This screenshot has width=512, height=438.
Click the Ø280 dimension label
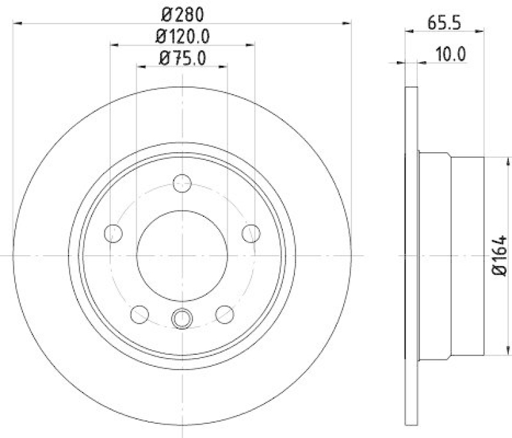[183, 13]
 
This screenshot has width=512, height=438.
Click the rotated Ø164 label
[500, 254]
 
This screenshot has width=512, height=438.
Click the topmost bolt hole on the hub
[183, 184]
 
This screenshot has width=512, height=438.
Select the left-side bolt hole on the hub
[114, 233]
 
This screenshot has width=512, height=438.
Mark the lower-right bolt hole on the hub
[225, 314]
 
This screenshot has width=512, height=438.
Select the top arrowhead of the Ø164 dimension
[500, 156]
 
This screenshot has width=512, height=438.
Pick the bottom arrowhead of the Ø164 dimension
[500, 352]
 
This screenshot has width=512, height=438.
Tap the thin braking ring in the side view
[412, 256]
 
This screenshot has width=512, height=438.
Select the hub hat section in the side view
[451, 256]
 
